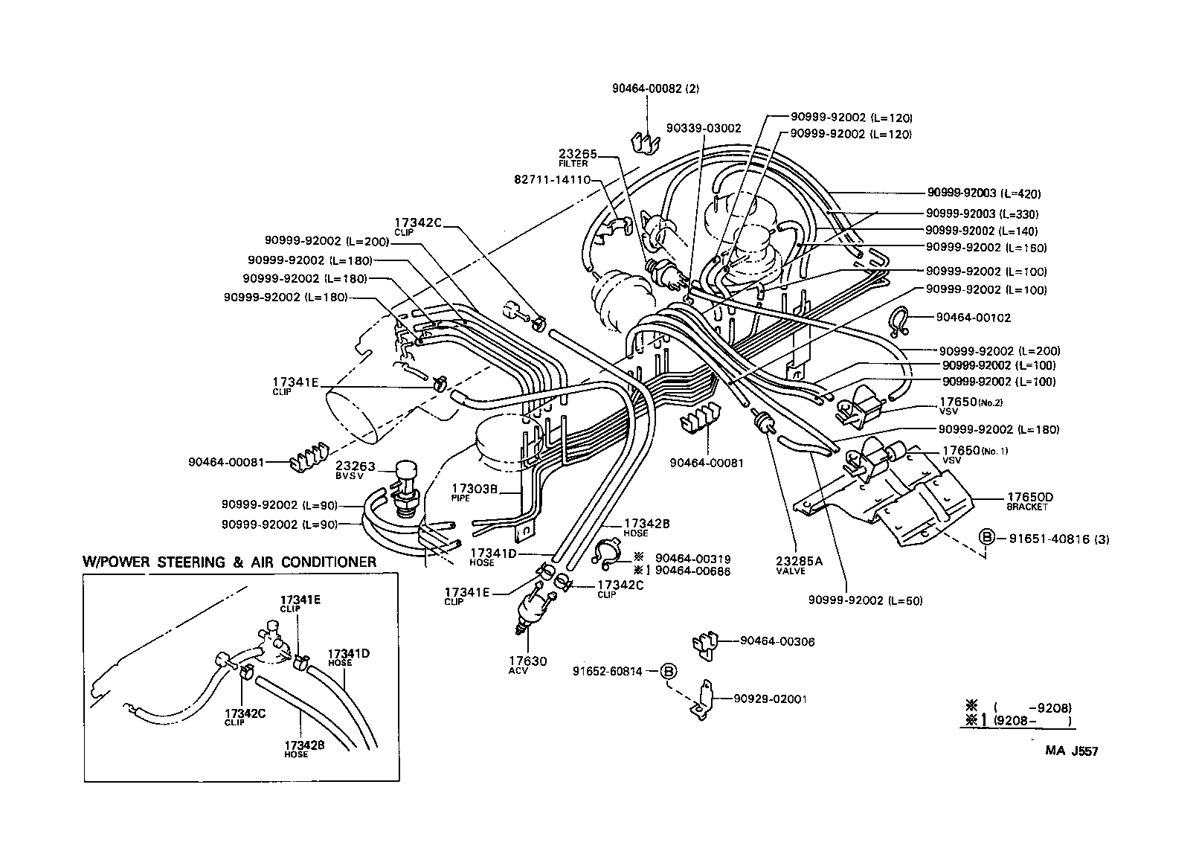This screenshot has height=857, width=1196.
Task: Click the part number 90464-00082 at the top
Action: point(645,88)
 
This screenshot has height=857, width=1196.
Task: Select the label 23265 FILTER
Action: point(578,158)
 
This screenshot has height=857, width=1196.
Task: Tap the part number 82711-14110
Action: point(552,179)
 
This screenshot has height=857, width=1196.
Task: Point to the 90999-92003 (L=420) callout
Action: point(983,193)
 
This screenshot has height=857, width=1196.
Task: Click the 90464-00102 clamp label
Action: point(973,318)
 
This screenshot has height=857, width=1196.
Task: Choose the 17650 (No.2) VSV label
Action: point(972,405)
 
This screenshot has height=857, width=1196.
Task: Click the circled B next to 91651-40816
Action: point(986,538)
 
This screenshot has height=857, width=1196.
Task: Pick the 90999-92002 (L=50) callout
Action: point(865,600)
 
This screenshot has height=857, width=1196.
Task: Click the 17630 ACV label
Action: point(527,665)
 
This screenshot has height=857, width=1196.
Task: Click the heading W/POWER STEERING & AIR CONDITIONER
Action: point(229,562)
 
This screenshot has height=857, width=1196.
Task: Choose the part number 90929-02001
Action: point(770,699)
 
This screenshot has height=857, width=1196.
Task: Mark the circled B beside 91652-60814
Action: point(669,671)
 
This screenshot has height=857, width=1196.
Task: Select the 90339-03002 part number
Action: point(703,128)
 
